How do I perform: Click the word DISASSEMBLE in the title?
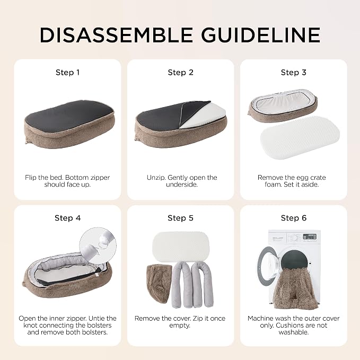pos(116,35)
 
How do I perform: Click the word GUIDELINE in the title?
pos(260,35)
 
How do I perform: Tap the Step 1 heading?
pos(67,73)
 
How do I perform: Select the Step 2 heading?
pos(180,73)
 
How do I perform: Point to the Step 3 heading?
pos(293,73)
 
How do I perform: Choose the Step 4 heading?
pos(67,218)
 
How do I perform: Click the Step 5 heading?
pos(180,218)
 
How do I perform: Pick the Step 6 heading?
pos(293,218)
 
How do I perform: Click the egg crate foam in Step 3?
pos(300,137)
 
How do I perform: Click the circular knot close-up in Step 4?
pos(98,245)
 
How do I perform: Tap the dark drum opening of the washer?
pos(294,261)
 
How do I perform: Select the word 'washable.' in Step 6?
pos(293,332)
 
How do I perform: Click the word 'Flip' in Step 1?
pos(31,178)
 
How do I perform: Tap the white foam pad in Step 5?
pos(181,247)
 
